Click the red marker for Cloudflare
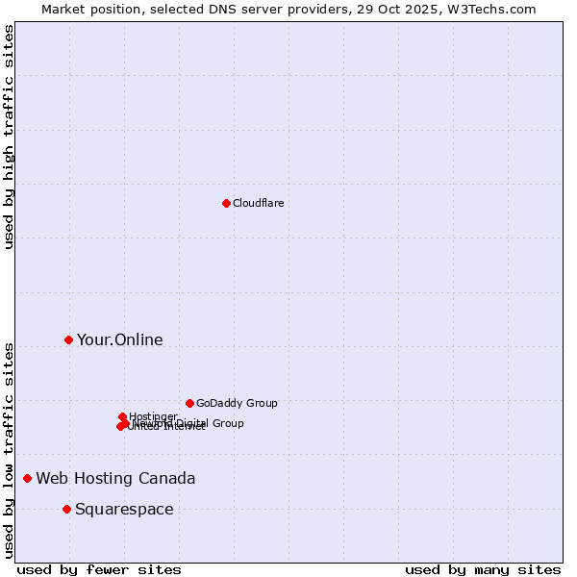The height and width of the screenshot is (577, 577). (226, 203)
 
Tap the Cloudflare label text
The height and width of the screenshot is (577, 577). (258, 203)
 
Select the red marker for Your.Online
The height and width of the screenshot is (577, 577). (68, 339)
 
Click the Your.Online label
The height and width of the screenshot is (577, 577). (119, 339)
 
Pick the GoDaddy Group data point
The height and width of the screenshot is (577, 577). (189, 403)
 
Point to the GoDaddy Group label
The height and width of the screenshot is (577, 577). (236, 403)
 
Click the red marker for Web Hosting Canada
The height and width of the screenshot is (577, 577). (28, 478)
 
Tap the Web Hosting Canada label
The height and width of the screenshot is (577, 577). (115, 478)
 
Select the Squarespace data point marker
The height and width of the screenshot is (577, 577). (66, 509)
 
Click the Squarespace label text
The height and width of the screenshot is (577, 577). (124, 509)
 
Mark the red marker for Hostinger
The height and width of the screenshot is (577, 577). (122, 416)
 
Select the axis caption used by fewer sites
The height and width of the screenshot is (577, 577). (99, 569)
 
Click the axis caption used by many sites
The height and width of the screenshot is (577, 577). (483, 569)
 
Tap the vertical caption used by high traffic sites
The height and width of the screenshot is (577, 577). (9, 137)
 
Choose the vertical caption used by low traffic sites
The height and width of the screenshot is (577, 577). (9, 449)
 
